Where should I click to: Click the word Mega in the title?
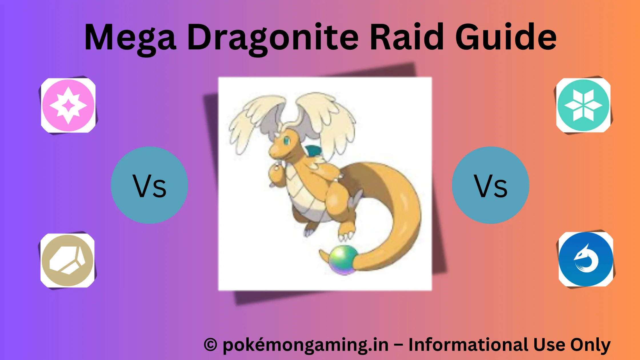130,39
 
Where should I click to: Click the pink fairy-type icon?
68,105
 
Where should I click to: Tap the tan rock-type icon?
67,260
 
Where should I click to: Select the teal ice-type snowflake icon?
583,105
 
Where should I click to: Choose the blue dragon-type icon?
586,259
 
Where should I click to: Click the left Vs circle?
149,185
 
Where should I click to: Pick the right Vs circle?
490,185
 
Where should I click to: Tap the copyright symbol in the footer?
211,345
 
